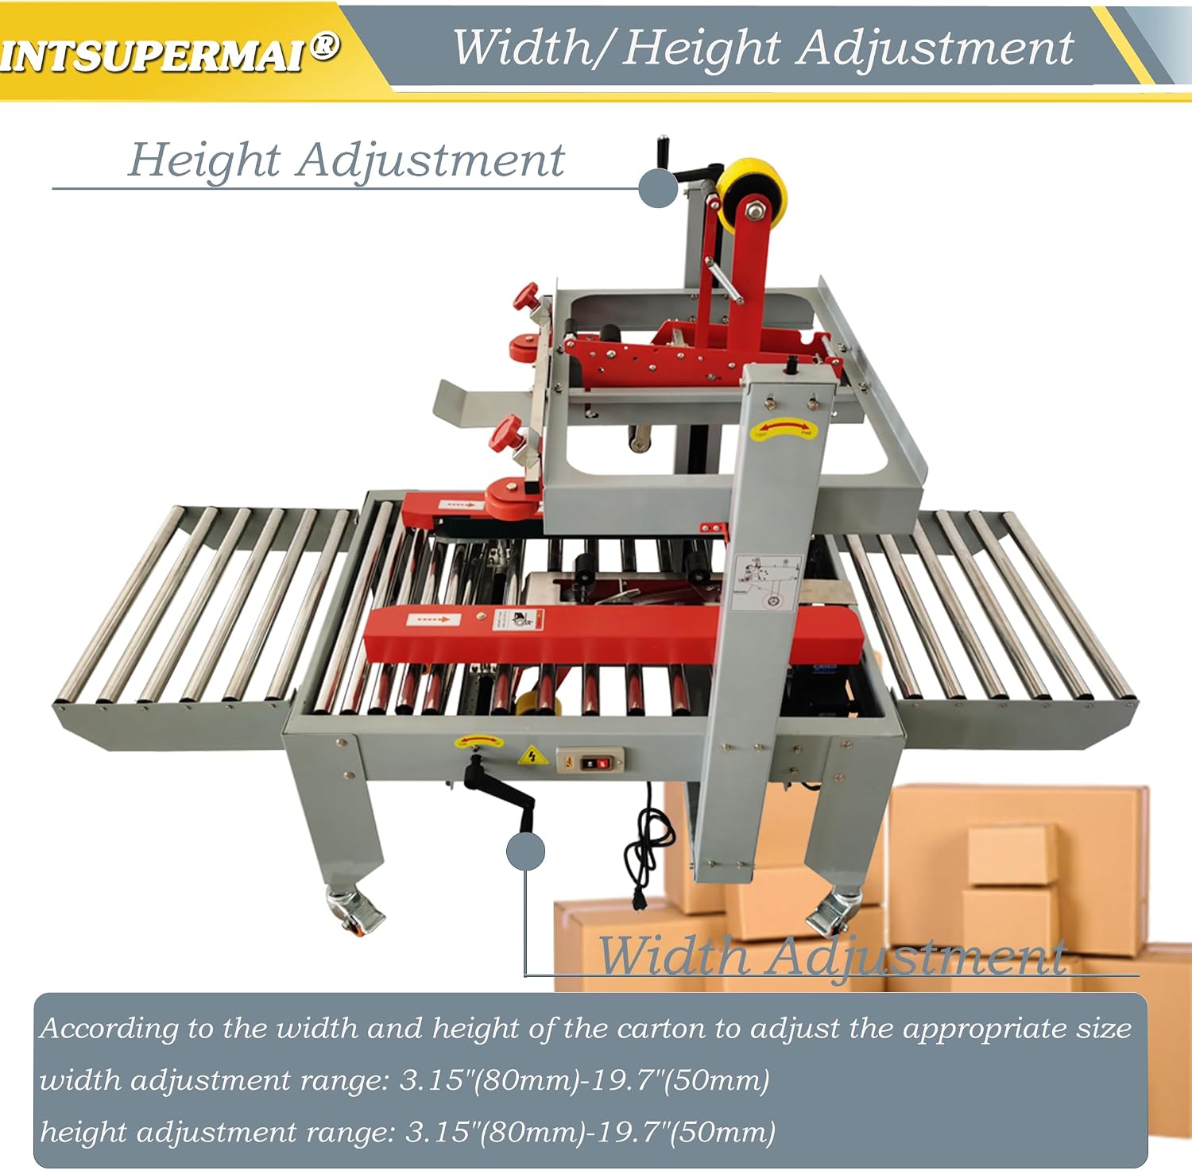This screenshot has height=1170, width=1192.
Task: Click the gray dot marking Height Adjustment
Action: [659, 188]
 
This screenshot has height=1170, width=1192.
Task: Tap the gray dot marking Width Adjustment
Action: [525, 851]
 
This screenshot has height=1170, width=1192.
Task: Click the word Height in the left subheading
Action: [204, 160]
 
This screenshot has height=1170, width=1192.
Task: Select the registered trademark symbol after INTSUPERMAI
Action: [324, 47]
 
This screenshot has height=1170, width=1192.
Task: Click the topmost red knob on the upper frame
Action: [525, 297]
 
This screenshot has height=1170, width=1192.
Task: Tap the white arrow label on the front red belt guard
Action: [428, 618]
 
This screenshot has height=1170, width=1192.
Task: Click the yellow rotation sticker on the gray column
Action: [784, 430]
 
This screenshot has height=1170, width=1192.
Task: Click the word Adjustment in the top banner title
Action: [936, 49]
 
